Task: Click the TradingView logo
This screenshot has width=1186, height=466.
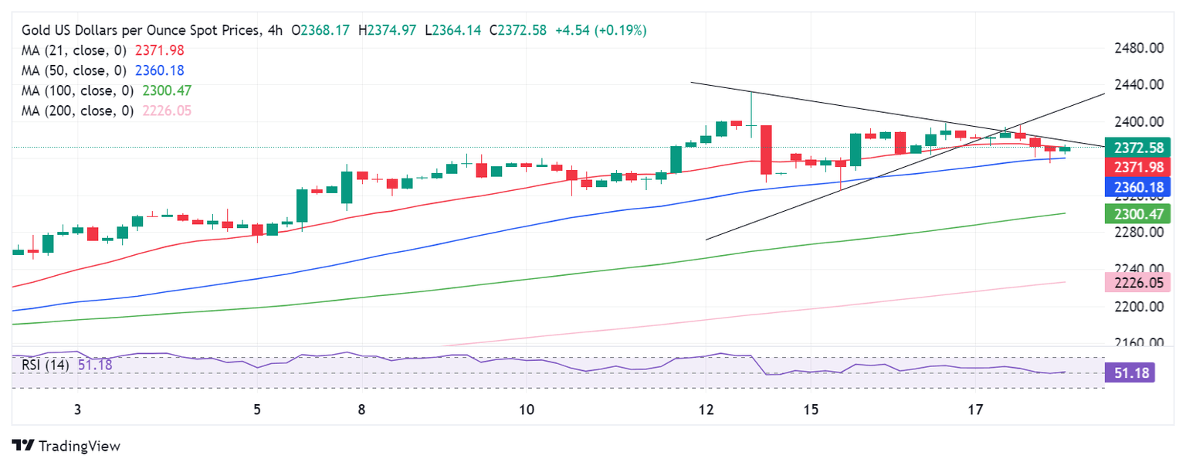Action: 66,446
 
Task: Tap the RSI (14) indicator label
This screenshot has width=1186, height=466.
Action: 47,365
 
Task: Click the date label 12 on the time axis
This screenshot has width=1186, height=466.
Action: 706,409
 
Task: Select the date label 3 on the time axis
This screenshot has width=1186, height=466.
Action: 77,409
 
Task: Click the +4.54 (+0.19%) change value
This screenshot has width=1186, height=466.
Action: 601,30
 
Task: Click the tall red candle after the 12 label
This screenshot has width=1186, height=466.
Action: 766,150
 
